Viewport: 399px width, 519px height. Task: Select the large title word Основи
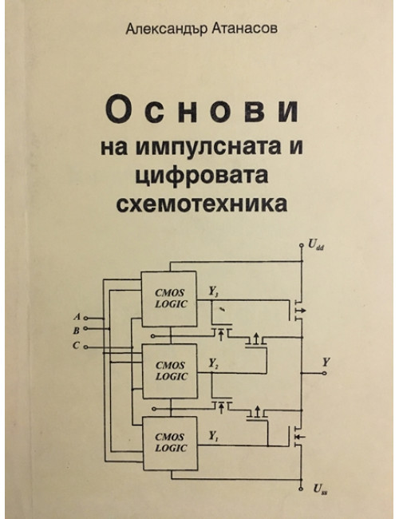tap(203, 108)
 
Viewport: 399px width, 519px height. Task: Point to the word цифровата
tap(201, 175)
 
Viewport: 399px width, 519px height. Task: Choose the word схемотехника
tap(201, 204)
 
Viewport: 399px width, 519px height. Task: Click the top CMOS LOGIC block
tap(168, 299)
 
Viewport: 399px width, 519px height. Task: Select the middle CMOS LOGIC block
tap(170, 371)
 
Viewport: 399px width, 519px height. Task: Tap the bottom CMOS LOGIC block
tap(171, 443)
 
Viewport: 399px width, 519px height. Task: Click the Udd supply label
tap(316, 245)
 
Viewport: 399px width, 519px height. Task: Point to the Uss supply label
tap(320, 489)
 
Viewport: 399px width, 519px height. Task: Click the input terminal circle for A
tap(85, 318)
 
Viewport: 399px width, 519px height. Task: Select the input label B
tap(77, 330)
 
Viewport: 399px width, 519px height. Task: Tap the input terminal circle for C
tap(85, 347)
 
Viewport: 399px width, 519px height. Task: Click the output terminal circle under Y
tap(325, 373)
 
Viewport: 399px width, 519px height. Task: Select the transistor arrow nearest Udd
tap(301, 311)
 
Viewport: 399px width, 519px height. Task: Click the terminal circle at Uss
tap(301, 489)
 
